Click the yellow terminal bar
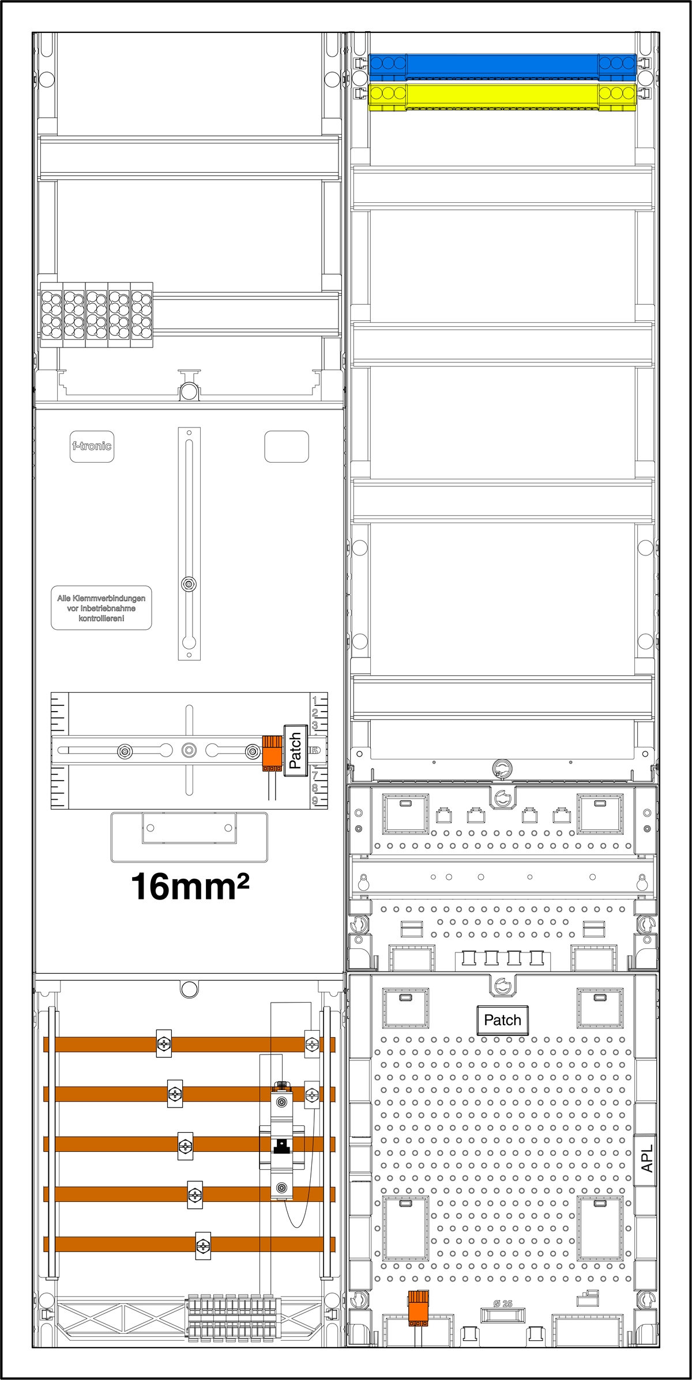tap(502, 95)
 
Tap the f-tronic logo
tap(92, 446)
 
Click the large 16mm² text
tap(190, 887)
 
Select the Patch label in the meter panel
tap(295, 750)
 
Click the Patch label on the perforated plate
tap(502, 1020)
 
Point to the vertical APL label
tap(646, 1158)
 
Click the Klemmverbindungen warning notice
tap(101, 608)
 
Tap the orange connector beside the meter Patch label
tap(272, 753)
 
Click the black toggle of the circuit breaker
tap(281, 1146)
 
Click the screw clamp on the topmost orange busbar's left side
tap(164, 1043)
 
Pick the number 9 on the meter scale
tap(315, 800)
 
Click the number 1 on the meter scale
tap(315, 701)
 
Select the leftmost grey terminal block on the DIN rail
tap(51, 315)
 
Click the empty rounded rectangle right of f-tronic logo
tap(287, 447)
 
